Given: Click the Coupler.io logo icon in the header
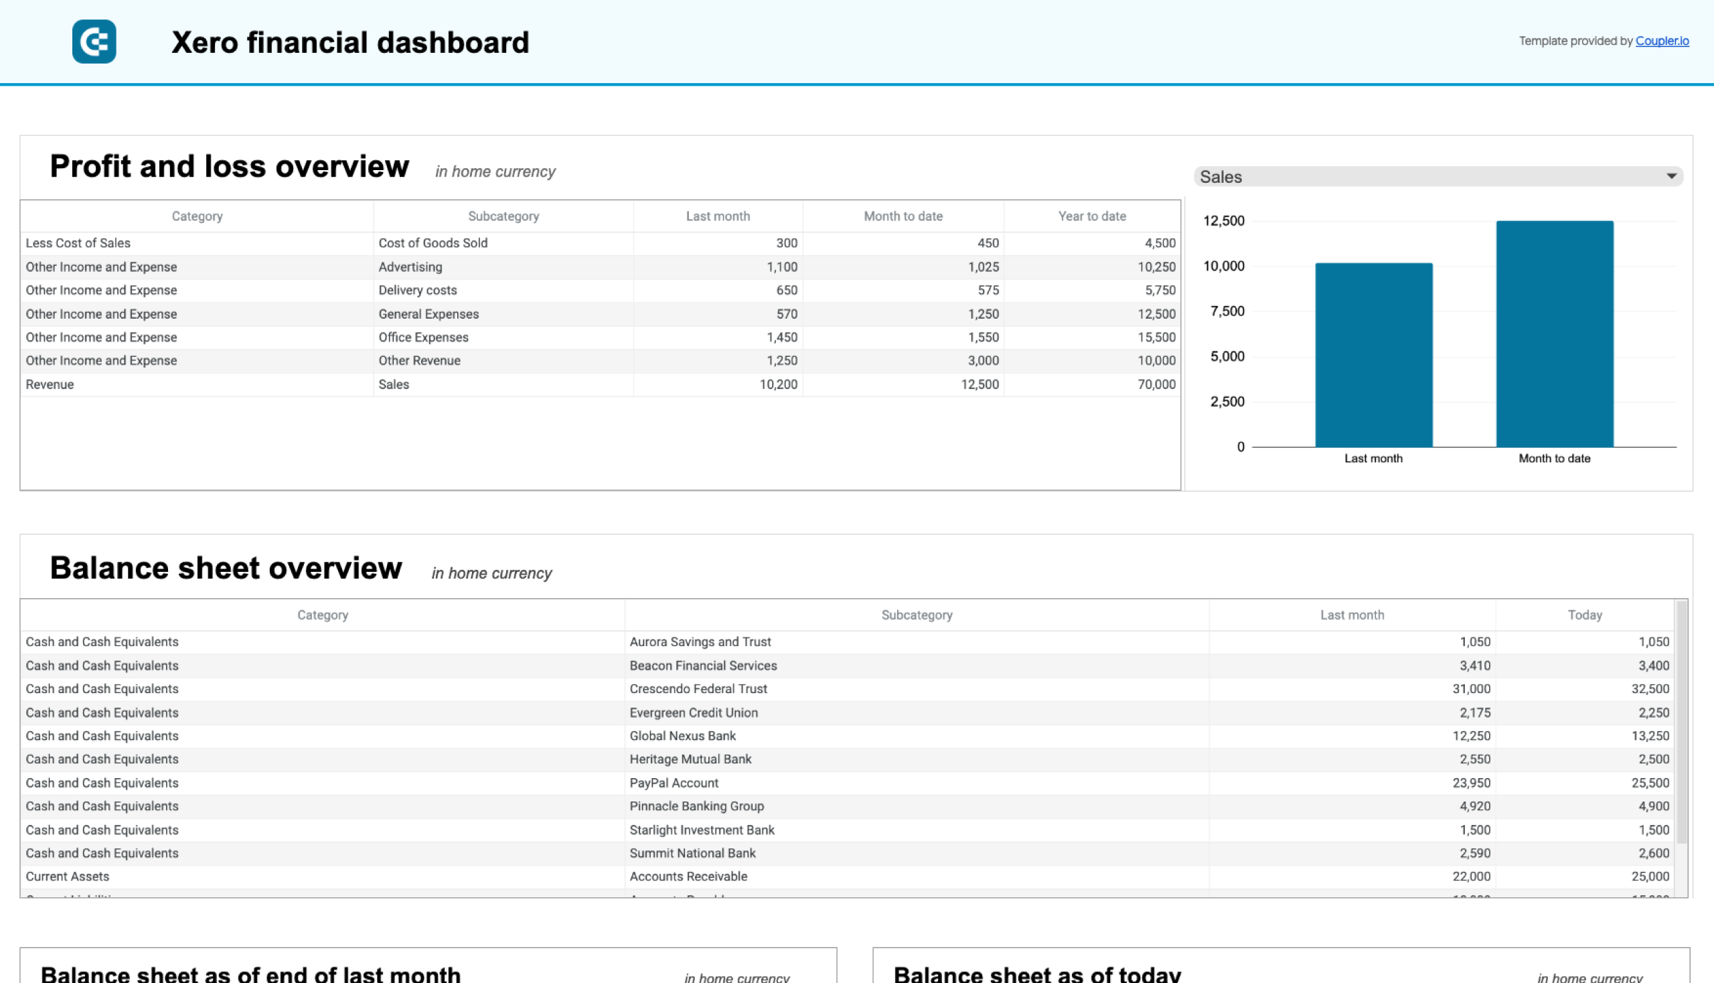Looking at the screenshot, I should (94, 42).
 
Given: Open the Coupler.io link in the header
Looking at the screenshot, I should (1661, 42).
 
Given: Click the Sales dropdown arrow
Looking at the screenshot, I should (1670, 176).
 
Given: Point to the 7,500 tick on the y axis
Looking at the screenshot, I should (1227, 311).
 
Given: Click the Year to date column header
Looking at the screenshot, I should (1091, 216).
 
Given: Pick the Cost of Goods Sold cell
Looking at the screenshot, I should (433, 243).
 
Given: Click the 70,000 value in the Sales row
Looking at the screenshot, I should (1156, 384).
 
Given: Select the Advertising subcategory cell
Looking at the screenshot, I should (410, 267).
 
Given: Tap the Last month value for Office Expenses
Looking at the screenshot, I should (782, 337).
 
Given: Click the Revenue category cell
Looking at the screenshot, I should (50, 384).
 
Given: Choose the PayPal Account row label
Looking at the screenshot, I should (674, 783).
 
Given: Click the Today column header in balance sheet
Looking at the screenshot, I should (1584, 615).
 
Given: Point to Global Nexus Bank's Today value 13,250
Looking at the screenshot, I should (1650, 736).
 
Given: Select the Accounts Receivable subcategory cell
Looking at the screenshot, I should (688, 877).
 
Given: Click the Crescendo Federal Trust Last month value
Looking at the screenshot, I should (1471, 688).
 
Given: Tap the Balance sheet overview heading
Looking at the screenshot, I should (226, 568).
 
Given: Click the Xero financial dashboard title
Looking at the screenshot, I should (349, 43).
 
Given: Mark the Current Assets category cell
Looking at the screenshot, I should (68, 877).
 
